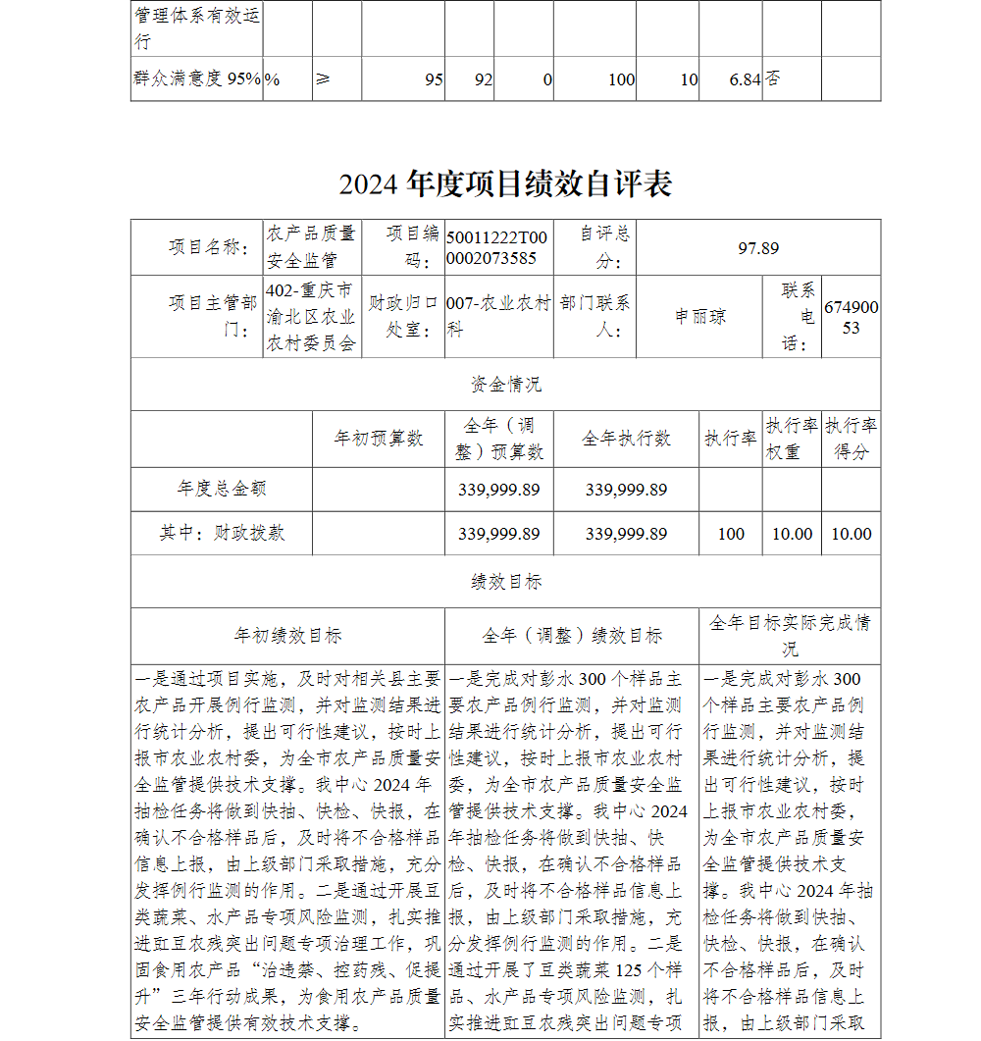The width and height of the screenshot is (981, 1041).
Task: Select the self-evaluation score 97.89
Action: tap(758, 248)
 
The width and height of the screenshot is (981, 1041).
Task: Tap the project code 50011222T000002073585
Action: tap(497, 248)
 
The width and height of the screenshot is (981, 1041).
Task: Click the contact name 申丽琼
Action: tap(700, 317)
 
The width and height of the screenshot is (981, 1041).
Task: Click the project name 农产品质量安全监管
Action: tap(312, 247)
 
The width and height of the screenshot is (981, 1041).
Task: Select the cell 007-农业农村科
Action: tap(498, 317)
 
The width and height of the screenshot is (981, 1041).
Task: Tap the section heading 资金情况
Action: tap(505, 384)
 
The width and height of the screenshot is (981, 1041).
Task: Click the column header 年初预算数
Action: tap(379, 439)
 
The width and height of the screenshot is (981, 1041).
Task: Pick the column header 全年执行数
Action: tap(626, 439)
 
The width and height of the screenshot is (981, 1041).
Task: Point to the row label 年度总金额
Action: tap(222, 489)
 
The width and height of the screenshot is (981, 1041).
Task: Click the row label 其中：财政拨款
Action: tap(222, 533)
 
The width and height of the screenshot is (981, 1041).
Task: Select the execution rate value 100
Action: tap(731, 534)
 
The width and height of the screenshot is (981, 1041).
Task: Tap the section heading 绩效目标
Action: tap(505, 582)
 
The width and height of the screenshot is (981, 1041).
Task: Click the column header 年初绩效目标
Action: tap(287, 636)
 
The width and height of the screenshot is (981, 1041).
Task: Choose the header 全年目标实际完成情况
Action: tap(790, 636)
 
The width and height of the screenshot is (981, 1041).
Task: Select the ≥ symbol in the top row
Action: tap(323, 79)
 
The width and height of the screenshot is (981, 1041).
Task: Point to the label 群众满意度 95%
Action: tap(196, 79)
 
